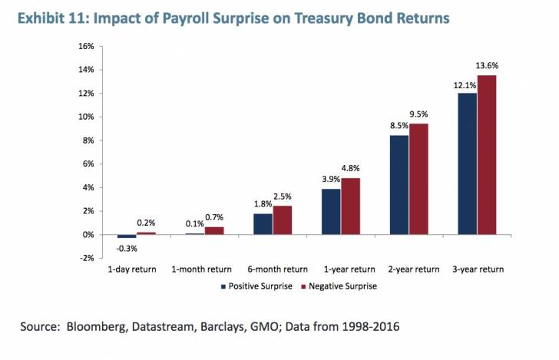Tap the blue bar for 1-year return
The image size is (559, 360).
coord(331,211)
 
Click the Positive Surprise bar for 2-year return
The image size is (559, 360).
coord(399,185)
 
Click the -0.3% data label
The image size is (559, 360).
coord(127,247)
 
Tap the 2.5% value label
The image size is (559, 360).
coord(283,197)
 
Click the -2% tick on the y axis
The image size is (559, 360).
coord(84,258)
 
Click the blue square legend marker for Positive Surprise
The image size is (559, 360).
coord(223,286)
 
